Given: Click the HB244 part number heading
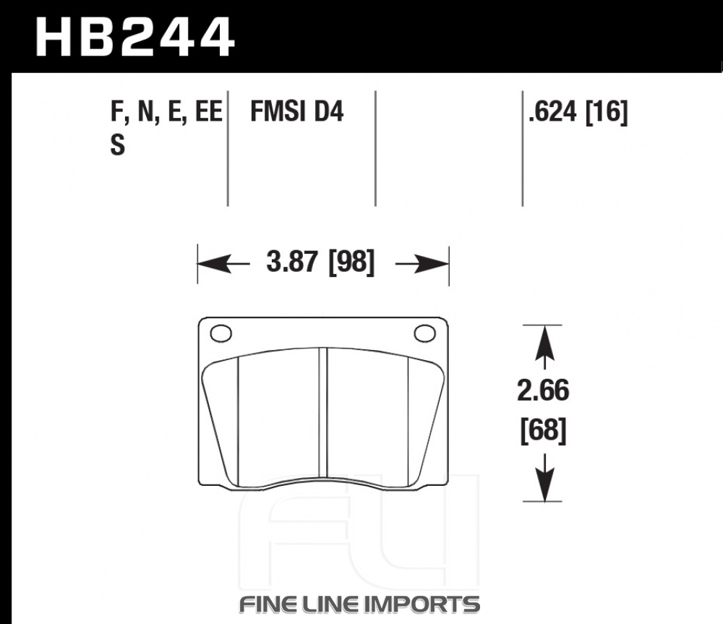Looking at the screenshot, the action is [135, 37].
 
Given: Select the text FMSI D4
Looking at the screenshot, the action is [296, 111].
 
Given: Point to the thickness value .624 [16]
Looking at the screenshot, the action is [578, 111].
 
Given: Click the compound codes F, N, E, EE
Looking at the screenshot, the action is [166, 111].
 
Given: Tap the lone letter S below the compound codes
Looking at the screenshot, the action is [118, 145].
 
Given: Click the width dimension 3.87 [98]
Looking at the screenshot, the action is [320, 262].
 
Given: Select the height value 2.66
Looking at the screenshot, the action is [543, 390].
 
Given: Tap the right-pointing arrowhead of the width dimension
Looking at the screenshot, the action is [432, 264].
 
